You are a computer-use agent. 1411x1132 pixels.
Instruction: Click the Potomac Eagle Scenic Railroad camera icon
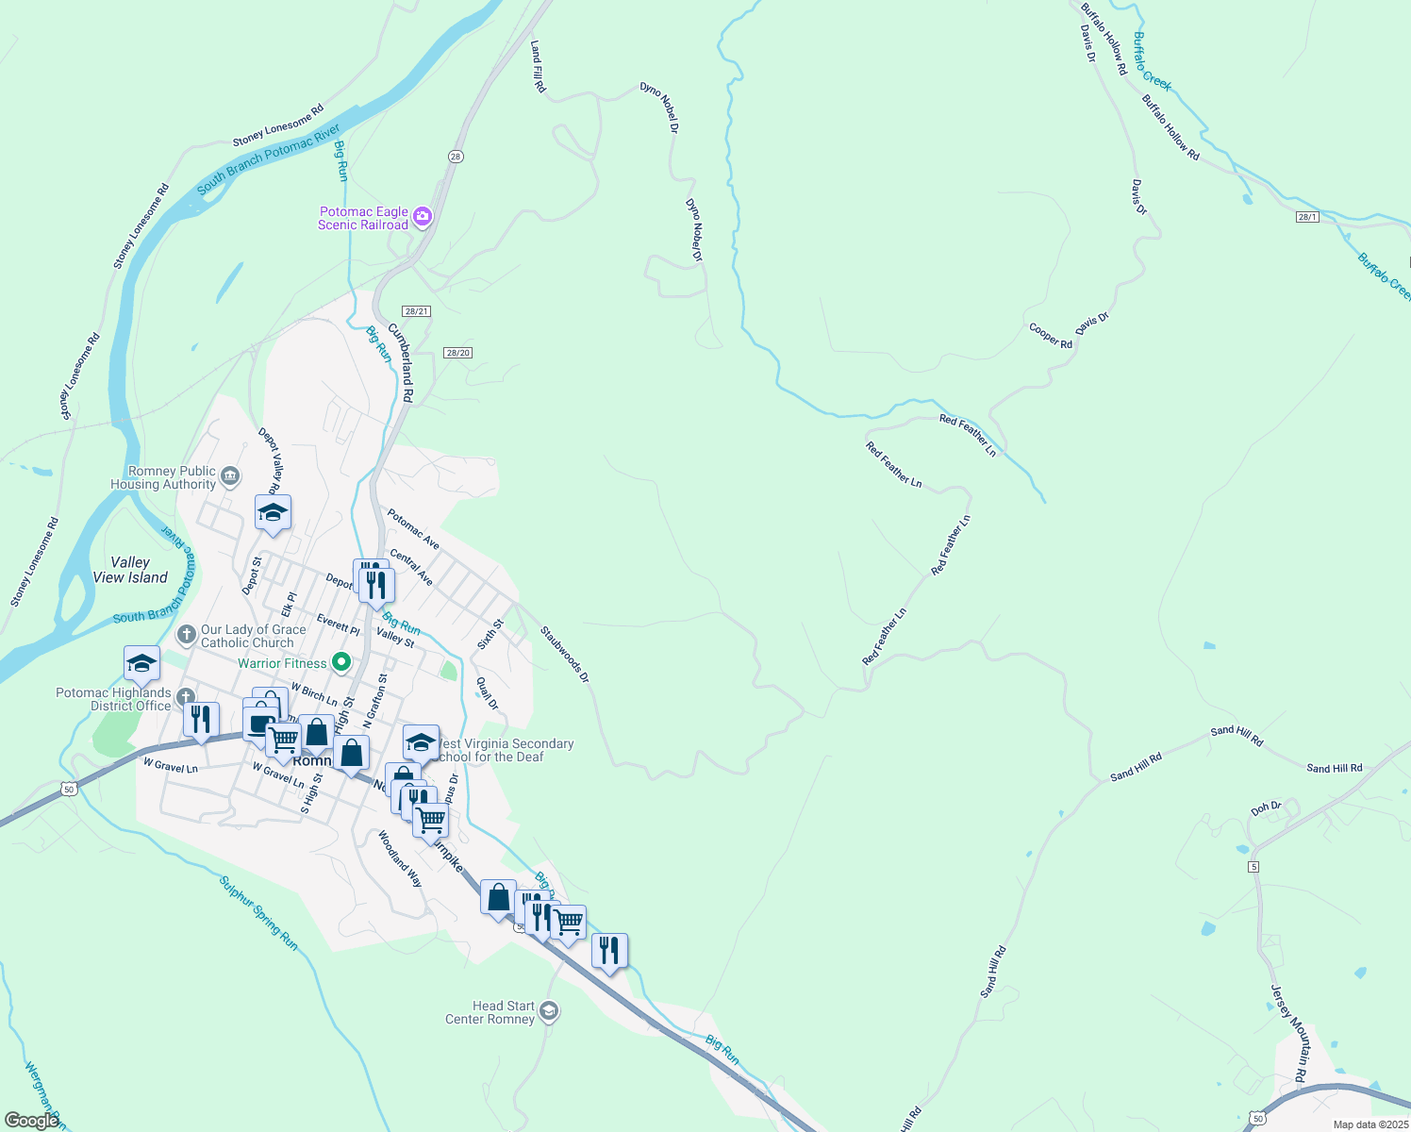point(423,218)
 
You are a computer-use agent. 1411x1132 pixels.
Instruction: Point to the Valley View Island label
point(130,570)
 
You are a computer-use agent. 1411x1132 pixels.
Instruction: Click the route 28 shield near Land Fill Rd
point(456,157)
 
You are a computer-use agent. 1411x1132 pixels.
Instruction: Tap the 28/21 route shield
point(416,311)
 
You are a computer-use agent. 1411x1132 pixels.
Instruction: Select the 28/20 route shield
point(457,353)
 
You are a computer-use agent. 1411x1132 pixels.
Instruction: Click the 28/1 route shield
point(1306,217)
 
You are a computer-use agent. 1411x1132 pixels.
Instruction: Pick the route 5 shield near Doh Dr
point(1253,866)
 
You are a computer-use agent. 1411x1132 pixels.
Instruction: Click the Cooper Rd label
point(1050,337)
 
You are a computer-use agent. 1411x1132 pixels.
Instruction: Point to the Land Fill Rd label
point(538,66)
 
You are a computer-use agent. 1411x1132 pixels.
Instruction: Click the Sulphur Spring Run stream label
point(258,913)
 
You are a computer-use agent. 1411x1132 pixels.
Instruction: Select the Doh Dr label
point(1266,808)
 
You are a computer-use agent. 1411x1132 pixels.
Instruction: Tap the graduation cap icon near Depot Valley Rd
point(273,513)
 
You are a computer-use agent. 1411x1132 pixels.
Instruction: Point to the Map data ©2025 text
point(1369,1124)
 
